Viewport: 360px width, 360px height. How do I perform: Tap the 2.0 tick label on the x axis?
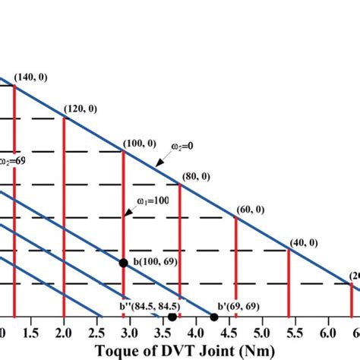65,332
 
